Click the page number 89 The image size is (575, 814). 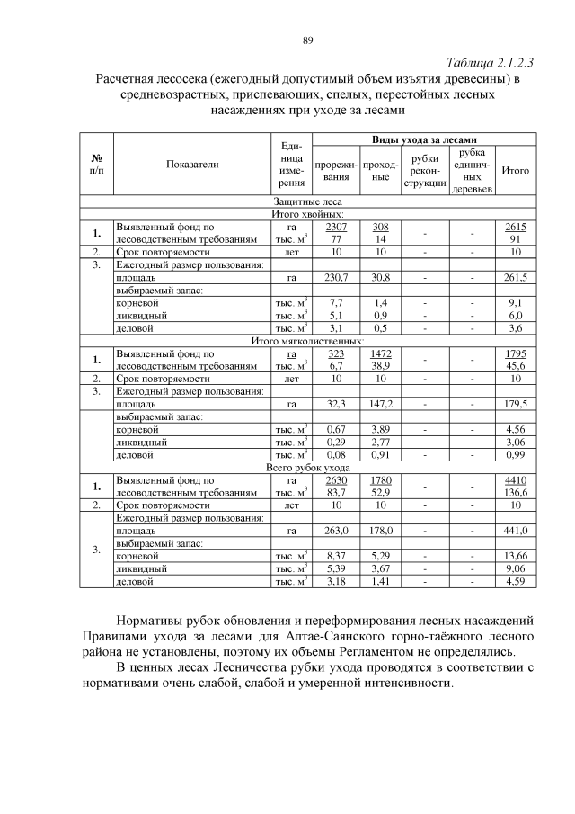click(x=307, y=40)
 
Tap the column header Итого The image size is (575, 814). click(x=515, y=170)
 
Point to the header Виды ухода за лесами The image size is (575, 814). click(x=424, y=140)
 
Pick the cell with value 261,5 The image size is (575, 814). click(x=516, y=279)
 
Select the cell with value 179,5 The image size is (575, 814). click(x=516, y=405)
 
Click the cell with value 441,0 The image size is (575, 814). click(x=516, y=531)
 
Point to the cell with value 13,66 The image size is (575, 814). click(x=516, y=557)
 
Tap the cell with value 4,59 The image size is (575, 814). click(x=516, y=582)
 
